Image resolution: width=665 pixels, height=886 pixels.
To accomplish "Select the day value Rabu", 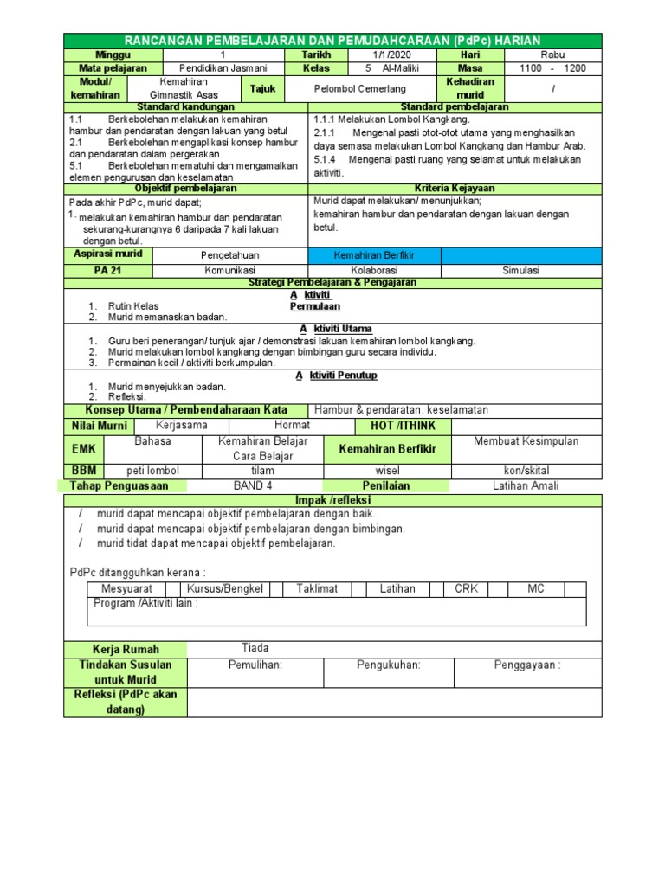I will [x=552, y=54].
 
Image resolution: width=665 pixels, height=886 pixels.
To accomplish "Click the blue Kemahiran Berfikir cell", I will [x=375, y=255].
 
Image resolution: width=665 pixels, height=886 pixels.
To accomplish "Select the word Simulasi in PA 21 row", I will [x=520, y=270].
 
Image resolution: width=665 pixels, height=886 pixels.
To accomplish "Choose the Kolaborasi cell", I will [x=375, y=270].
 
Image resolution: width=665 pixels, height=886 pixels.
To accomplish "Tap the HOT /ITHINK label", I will [x=404, y=426].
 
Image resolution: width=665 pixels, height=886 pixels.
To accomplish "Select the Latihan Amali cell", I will [x=520, y=485].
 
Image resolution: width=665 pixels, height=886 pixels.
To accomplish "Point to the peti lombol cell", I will [x=152, y=470].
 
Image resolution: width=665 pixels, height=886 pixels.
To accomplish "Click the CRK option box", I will [x=466, y=588].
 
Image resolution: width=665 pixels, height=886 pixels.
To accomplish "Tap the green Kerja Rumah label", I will [x=126, y=649].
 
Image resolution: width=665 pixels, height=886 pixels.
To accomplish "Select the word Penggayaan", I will [x=527, y=665].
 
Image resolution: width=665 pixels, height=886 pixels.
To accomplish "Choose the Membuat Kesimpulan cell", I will [x=526, y=441].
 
